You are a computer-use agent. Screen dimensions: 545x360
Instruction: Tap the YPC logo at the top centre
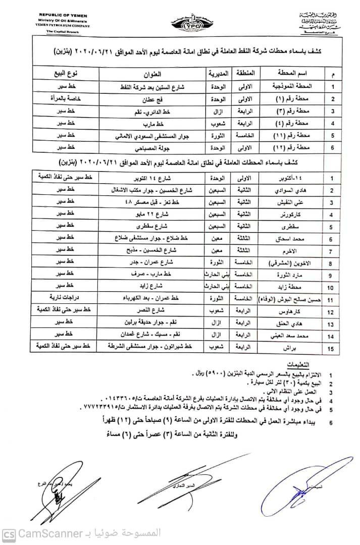tap(180, 23)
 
